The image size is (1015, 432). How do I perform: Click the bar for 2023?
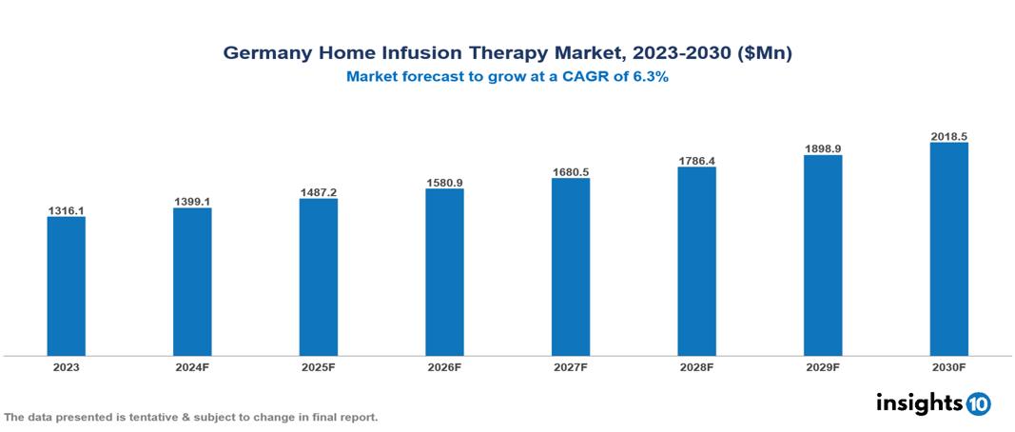66,285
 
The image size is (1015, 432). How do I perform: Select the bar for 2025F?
318,277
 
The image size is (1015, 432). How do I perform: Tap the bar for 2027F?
570,266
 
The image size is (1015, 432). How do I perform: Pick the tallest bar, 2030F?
948,249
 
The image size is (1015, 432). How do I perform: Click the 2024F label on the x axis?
192,366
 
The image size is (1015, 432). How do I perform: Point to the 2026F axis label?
444,366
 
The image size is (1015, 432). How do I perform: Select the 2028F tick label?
696,366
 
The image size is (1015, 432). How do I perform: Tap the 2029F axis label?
823,366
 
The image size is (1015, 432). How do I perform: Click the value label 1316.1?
66,210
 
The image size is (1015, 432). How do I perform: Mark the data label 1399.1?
192,202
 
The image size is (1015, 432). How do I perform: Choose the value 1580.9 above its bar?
444,182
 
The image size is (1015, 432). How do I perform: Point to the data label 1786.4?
696,161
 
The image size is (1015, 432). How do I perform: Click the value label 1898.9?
823,149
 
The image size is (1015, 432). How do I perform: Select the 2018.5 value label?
948,137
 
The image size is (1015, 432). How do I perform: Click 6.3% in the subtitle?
651,77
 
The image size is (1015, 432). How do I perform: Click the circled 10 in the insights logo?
978,403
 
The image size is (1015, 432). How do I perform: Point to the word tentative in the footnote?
146,417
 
